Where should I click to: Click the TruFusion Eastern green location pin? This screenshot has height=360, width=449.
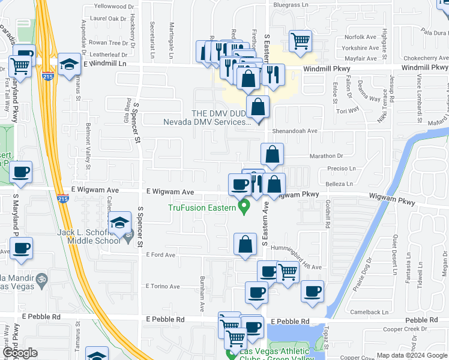(244, 208)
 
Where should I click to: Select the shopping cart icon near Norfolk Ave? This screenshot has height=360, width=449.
(300, 41)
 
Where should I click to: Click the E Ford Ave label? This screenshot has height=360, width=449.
(160, 255)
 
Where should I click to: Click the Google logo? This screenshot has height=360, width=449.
(19, 353)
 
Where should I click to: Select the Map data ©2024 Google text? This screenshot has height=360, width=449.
(411, 355)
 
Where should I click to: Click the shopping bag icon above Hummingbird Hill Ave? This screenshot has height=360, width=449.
(245, 245)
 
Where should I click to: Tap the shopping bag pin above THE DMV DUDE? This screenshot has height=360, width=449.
(258, 107)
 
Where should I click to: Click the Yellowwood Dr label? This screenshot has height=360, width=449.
(115, 7)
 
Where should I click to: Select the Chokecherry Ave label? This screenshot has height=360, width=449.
(425, 59)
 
